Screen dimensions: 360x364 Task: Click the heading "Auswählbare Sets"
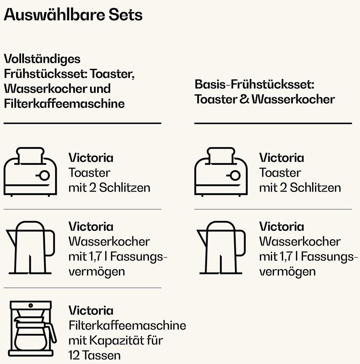pos(73,15)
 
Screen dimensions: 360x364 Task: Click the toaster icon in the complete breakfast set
pos(30,172)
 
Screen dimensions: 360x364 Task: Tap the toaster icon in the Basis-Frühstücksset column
pos(221,172)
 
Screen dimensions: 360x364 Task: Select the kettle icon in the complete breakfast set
pos(31,247)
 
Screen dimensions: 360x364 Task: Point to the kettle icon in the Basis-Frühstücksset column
pos(222,247)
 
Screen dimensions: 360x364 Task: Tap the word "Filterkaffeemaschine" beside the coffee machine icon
pos(127,325)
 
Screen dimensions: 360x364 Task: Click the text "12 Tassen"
pos(94,355)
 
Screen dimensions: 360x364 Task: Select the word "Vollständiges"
pos(42,59)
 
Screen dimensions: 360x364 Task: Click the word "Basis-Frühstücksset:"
pos(255,85)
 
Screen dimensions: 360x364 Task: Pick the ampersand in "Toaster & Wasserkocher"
pos(244,100)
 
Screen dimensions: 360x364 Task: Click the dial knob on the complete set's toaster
pos(44,175)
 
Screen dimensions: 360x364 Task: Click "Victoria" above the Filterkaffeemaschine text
pos(91,311)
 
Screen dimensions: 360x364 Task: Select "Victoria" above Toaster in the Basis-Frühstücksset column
pos(281,158)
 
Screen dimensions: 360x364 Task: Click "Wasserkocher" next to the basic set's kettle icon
pos(300,241)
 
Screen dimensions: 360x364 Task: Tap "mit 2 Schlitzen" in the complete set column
pos(109,187)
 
